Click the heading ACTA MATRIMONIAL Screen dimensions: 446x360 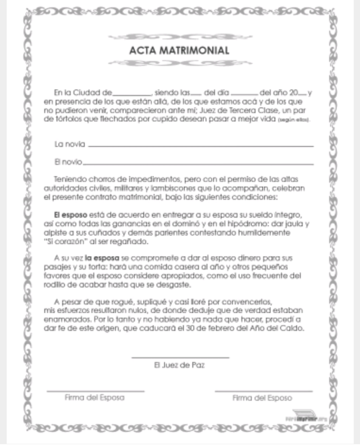point(179,50)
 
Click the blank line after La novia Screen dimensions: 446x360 point(200,146)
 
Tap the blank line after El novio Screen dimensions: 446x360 point(199,163)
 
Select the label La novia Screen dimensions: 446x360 point(69,144)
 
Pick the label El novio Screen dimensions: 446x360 point(68,162)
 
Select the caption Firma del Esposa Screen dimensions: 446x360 point(94,397)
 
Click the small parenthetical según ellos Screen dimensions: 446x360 point(295,118)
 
